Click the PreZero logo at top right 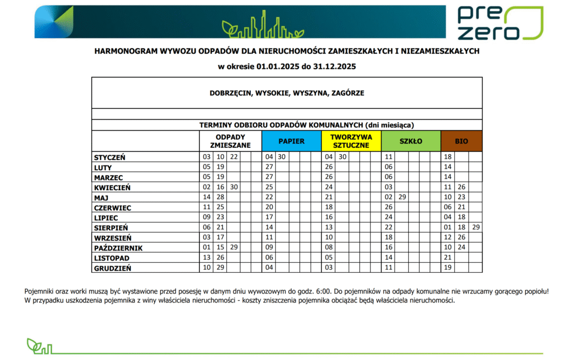point(499,22)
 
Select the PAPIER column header point(291,141)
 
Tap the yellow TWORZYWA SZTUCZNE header point(351,141)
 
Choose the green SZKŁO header point(411,141)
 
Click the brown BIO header point(461,141)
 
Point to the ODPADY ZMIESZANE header point(230,141)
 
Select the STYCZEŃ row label point(109,157)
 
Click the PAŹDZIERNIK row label point(118,248)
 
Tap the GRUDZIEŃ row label point(112,268)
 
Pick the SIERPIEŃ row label point(111,228)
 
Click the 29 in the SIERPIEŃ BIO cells point(475,228)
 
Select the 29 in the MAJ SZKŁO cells point(402,197)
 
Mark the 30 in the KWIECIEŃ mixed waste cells point(234,187)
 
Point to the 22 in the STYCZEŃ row point(234,157)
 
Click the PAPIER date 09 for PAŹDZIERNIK point(269,248)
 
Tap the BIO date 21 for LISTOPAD point(447,258)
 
